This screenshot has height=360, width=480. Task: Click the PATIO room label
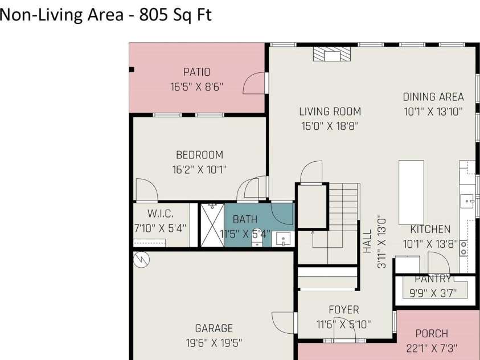pos(196,72)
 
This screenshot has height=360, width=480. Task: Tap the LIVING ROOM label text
pos(330,112)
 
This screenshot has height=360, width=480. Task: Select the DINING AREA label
pos(433,97)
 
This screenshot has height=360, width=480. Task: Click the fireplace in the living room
pos(331,54)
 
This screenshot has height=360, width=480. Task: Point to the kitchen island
pos(411,192)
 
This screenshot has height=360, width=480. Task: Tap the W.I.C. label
pos(160,214)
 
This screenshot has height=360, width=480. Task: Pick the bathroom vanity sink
pos(283,239)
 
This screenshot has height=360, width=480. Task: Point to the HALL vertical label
pos(367,241)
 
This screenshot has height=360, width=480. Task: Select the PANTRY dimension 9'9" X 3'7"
pos(433,294)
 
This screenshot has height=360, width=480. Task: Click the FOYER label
pos(344,310)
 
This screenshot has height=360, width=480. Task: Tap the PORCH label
pos(432,334)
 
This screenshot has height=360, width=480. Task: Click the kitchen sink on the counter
pos(467,200)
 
